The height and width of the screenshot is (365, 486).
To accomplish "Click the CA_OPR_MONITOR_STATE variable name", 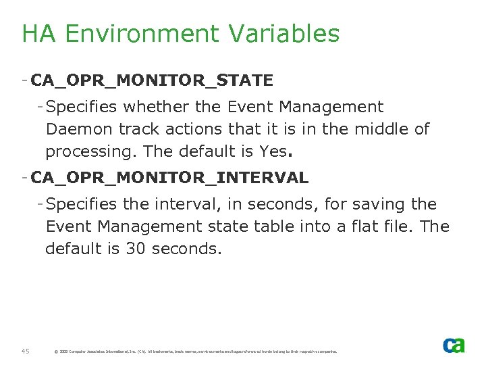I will [152, 81].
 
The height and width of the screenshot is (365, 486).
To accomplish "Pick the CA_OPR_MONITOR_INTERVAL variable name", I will [170, 178].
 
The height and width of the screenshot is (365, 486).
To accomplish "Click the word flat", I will [362, 226].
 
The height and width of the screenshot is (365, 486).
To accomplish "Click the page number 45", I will [25, 351].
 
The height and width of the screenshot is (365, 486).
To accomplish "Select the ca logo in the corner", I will [454, 345].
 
